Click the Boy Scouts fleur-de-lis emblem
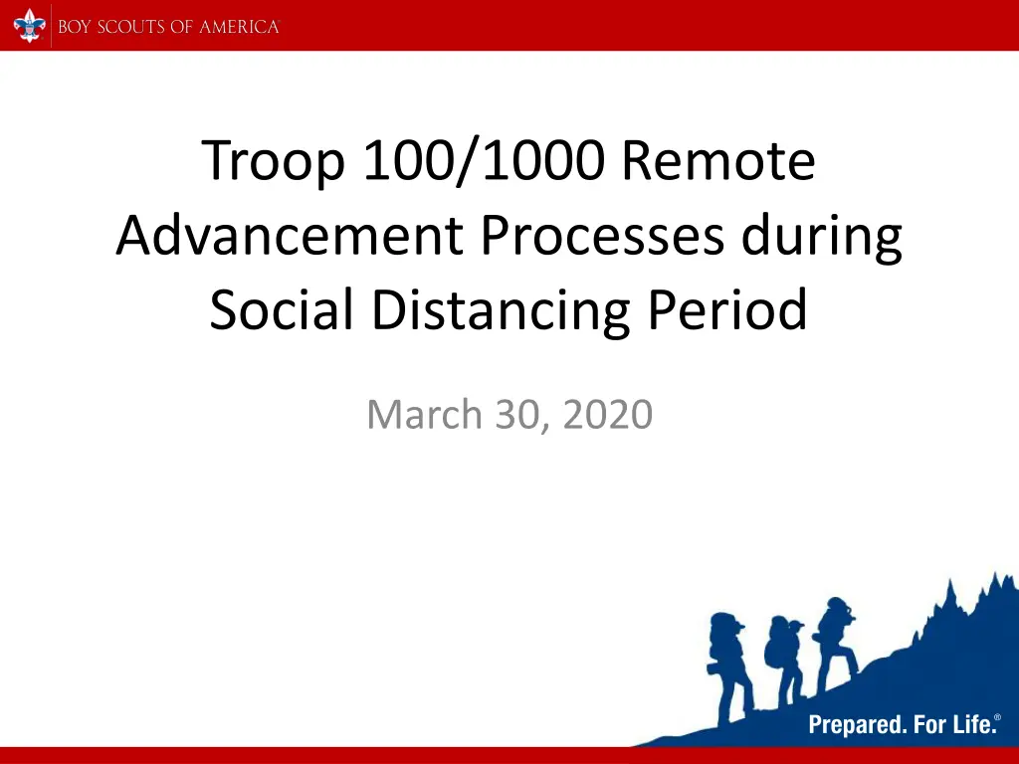(30, 26)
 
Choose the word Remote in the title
(718, 160)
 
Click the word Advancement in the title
(290, 235)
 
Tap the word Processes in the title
(602, 235)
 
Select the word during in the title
(821, 237)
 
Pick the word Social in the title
(282, 309)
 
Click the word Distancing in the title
(501, 311)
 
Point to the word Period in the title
(727, 309)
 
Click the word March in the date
(424, 414)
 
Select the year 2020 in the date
(608, 414)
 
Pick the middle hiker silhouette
(784, 660)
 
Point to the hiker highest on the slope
(835, 644)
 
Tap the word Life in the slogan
(975, 723)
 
